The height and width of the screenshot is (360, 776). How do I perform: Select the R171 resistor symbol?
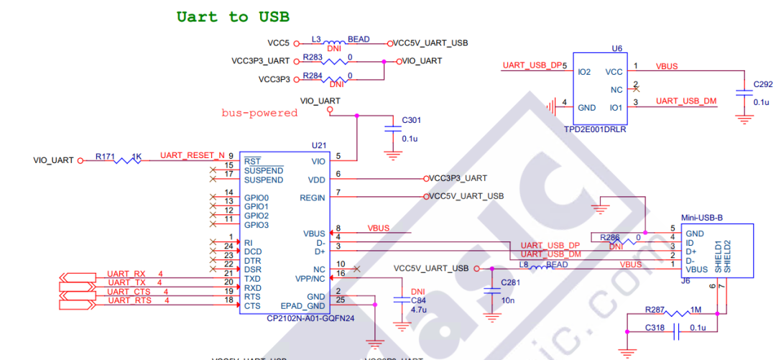(x=127, y=160)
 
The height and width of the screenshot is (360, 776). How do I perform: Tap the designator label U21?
(x=318, y=145)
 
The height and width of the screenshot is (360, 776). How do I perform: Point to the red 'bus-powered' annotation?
(x=259, y=113)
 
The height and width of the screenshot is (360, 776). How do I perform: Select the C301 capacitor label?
(x=412, y=119)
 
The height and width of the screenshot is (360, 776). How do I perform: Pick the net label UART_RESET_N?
(x=187, y=155)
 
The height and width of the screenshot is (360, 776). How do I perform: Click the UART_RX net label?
(x=126, y=274)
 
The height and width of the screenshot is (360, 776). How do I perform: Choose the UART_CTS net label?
(x=129, y=291)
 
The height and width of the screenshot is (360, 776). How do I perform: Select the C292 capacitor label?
(x=762, y=84)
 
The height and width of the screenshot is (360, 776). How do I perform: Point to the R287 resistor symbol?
(x=675, y=313)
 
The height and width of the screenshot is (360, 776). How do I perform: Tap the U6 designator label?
(x=616, y=48)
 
